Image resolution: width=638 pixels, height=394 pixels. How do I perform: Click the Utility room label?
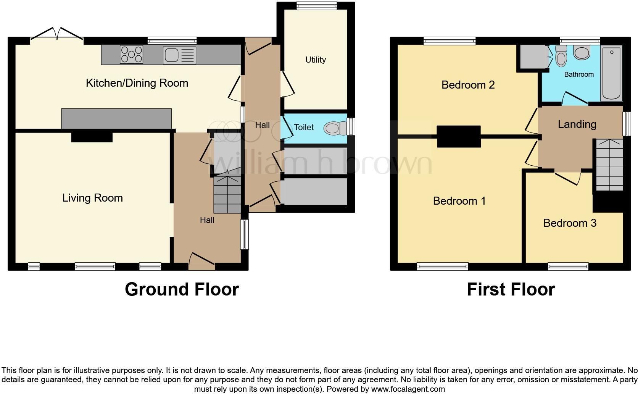[x=315, y=60]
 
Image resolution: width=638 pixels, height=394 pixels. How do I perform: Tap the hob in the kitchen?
[x=131, y=54]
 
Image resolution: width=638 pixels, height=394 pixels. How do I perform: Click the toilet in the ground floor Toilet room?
[x=333, y=128]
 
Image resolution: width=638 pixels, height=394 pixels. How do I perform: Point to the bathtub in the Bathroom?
[x=611, y=73]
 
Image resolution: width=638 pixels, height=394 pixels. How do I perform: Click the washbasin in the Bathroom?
[x=582, y=53]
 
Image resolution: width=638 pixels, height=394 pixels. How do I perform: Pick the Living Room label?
[x=92, y=198]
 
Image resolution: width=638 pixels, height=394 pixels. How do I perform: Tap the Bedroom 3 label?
[x=570, y=223]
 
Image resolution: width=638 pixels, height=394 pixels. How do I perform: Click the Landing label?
[x=577, y=124]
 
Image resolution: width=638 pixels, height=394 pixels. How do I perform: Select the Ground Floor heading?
[x=182, y=289]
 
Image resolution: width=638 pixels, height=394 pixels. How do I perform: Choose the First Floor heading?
[x=511, y=289]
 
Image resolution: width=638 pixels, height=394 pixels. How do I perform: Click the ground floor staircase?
[x=227, y=195]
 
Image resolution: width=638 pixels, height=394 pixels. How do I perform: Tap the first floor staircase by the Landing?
[x=609, y=165]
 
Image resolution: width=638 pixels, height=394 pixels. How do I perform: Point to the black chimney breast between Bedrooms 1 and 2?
[x=458, y=136]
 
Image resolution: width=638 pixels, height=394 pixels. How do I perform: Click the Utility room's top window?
[x=316, y=5]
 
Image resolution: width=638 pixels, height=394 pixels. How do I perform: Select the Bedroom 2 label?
[x=468, y=85]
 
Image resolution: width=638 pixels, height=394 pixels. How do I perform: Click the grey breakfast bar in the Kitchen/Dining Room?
[x=116, y=118]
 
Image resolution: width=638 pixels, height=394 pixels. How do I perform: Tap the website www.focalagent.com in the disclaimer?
[x=408, y=389]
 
